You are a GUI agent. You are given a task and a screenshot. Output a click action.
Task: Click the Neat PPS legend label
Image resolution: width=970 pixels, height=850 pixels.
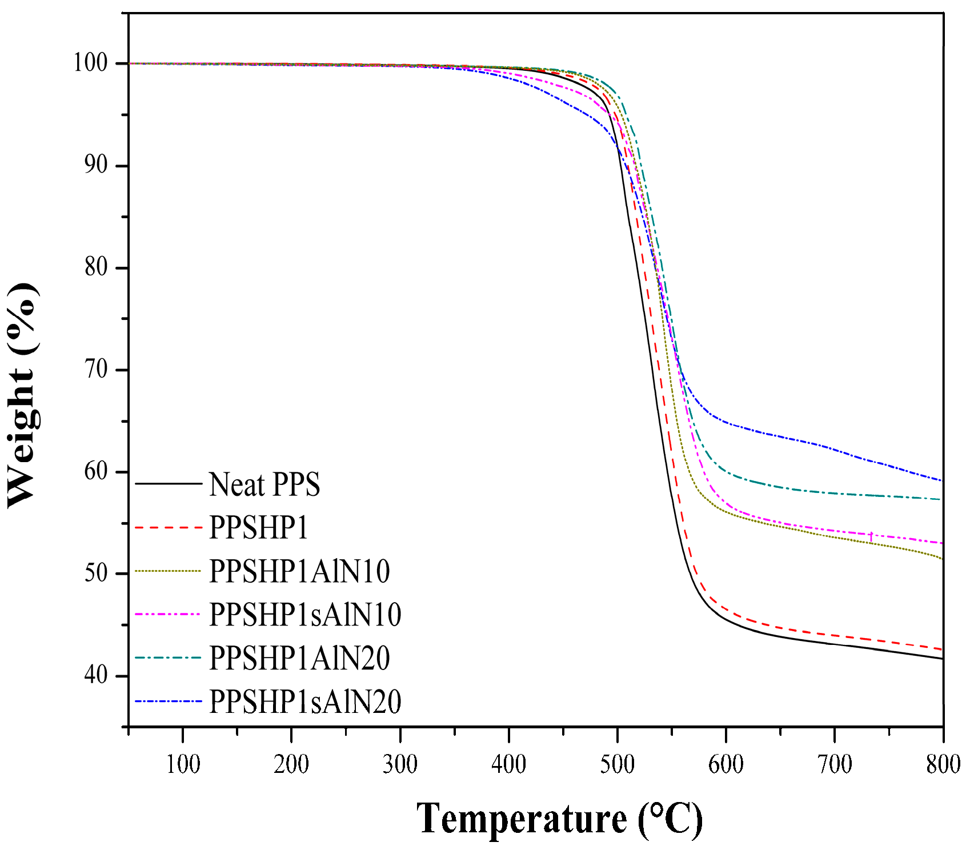click(264, 484)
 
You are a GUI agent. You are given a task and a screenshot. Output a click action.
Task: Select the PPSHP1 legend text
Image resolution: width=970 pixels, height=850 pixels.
click(258, 527)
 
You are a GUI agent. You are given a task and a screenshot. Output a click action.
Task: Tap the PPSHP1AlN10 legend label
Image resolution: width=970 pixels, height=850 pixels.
click(299, 571)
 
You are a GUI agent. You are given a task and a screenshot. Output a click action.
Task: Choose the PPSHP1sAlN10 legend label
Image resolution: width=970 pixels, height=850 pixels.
click(305, 614)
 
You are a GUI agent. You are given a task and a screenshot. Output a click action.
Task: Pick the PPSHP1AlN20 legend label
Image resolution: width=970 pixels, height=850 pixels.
click(299, 657)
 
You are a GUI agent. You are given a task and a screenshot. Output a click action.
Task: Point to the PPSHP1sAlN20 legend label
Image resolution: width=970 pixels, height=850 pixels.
click(305, 701)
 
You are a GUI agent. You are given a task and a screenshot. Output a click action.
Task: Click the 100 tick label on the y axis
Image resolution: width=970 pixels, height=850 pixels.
click(91, 63)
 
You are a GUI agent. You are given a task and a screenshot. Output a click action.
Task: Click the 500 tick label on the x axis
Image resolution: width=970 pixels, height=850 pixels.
click(618, 764)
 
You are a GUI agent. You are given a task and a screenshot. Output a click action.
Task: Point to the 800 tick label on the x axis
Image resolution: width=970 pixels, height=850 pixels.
click(943, 764)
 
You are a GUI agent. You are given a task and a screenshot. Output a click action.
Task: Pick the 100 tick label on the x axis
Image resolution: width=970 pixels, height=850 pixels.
click(183, 764)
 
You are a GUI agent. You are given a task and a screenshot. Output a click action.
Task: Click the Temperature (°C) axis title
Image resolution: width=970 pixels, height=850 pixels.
click(559, 819)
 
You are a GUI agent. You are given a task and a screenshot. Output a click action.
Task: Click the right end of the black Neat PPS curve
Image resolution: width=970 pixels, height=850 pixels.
click(941, 659)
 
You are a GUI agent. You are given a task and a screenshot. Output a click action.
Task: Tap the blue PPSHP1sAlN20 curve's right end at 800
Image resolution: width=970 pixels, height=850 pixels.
click(941, 480)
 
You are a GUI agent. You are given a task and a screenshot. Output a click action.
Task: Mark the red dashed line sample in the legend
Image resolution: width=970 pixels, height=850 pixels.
click(169, 527)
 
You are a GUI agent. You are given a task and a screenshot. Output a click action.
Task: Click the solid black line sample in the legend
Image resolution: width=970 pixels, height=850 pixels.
click(169, 484)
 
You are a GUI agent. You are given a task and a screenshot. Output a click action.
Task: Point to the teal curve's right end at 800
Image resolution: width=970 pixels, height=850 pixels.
click(941, 499)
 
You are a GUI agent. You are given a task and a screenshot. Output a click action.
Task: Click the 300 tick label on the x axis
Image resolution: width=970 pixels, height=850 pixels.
click(400, 764)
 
